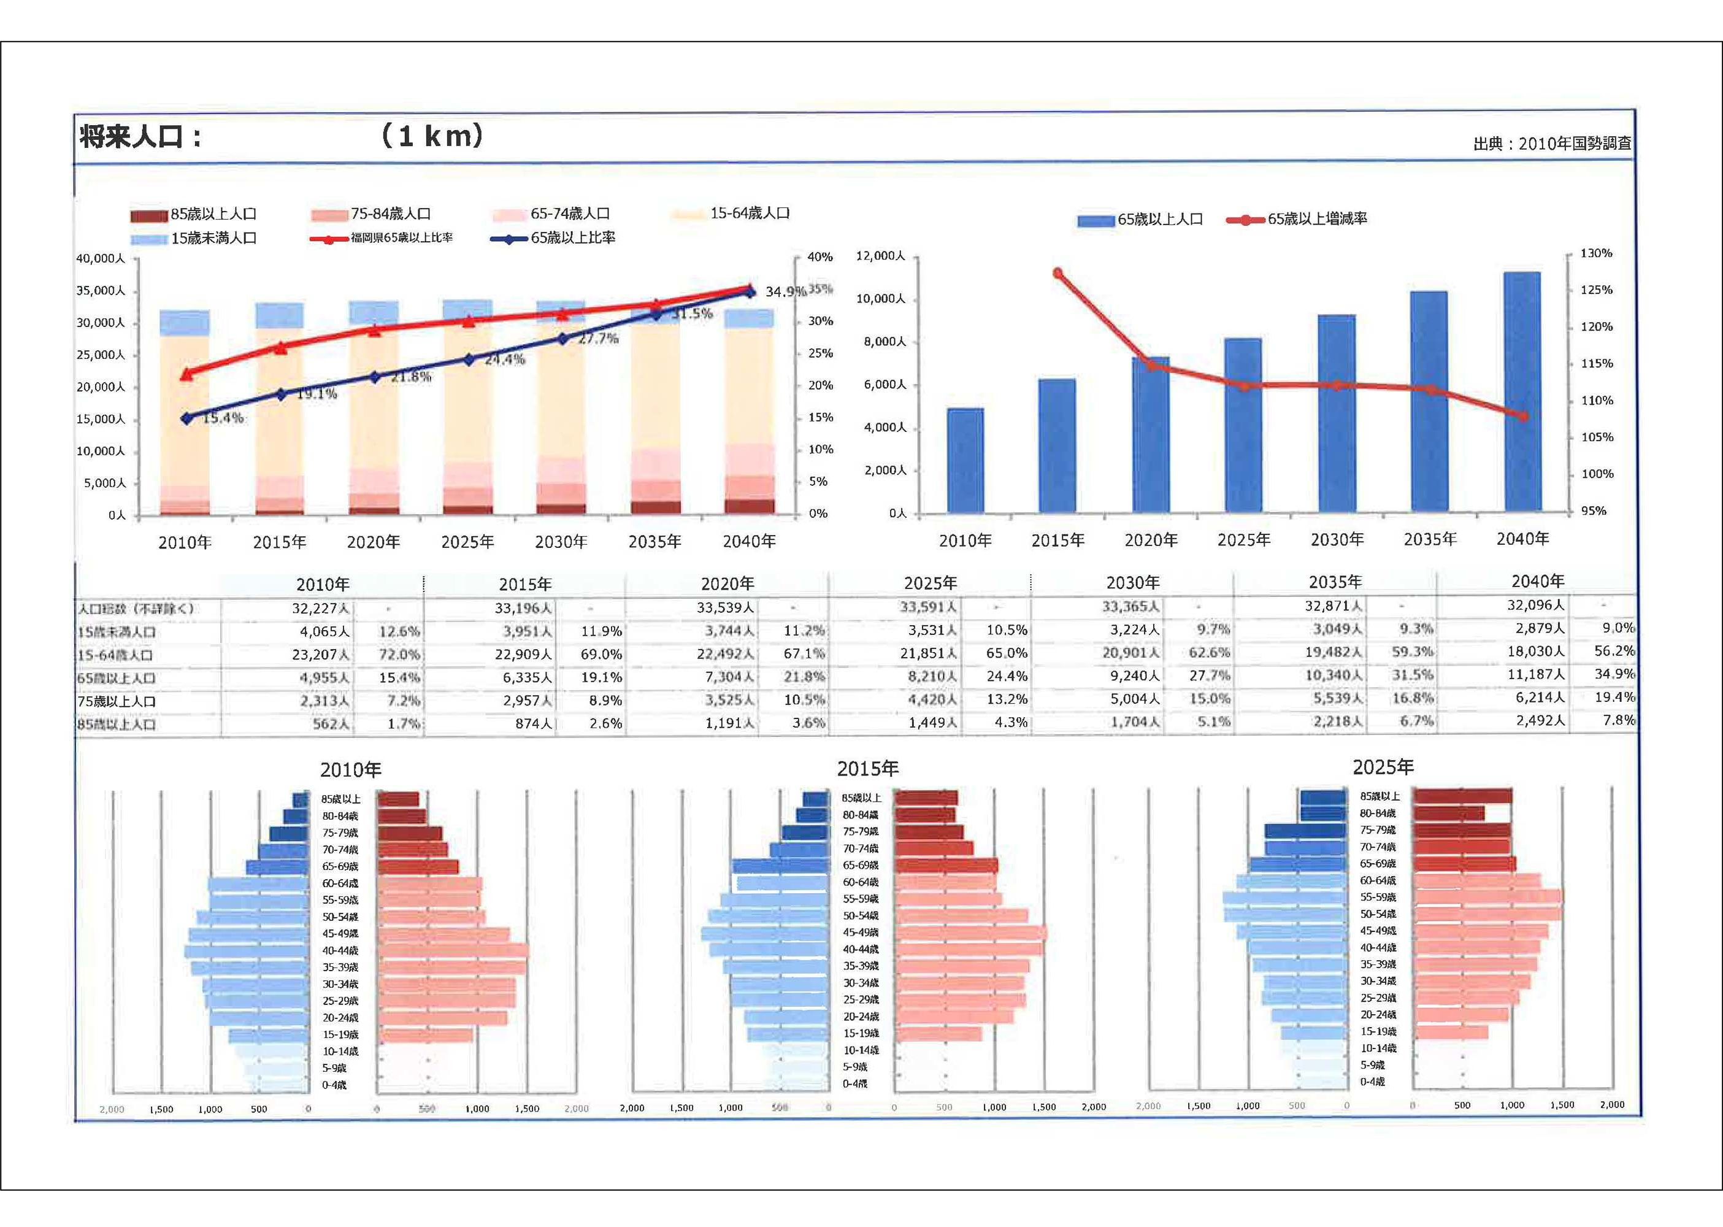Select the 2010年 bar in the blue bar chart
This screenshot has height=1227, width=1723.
(965, 460)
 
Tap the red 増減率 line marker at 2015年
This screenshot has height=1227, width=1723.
(1057, 274)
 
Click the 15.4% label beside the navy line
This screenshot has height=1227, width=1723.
(223, 418)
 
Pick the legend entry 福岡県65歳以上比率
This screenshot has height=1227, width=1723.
(401, 238)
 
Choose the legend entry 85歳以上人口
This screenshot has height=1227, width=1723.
(213, 215)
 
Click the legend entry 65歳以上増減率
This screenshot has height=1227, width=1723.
(1316, 219)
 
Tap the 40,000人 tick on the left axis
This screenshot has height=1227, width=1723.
(101, 258)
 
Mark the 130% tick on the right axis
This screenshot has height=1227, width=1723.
(1596, 253)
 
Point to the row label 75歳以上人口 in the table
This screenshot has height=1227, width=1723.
(117, 701)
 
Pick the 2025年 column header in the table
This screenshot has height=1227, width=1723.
(930, 583)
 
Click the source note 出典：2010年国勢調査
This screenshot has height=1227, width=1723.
(1551, 144)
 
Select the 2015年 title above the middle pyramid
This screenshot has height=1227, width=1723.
(867, 768)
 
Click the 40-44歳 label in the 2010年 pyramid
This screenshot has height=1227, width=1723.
(340, 950)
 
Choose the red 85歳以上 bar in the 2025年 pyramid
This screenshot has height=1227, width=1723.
(1462, 796)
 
